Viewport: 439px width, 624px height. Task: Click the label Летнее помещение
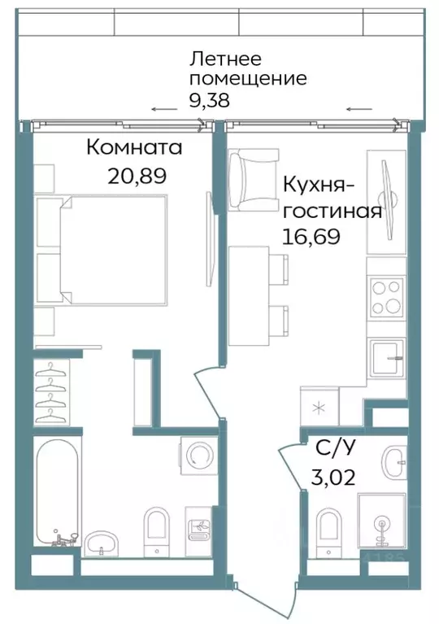pyautogui.click(x=247, y=69)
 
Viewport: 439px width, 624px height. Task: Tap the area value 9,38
pyautogui.click(x=210, y=101)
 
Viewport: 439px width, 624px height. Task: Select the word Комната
pyautogui.click(x=133, y=149)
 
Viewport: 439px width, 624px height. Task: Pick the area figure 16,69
pyautogui.click(x=311, y=236)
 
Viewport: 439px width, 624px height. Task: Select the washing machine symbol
pyautogui.click(x=198, y=452)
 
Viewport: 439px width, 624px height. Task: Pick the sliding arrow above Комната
pyautogui.click(x=163, y=110)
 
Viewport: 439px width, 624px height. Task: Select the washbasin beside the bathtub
pyautogui.click(x=102, y=540)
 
